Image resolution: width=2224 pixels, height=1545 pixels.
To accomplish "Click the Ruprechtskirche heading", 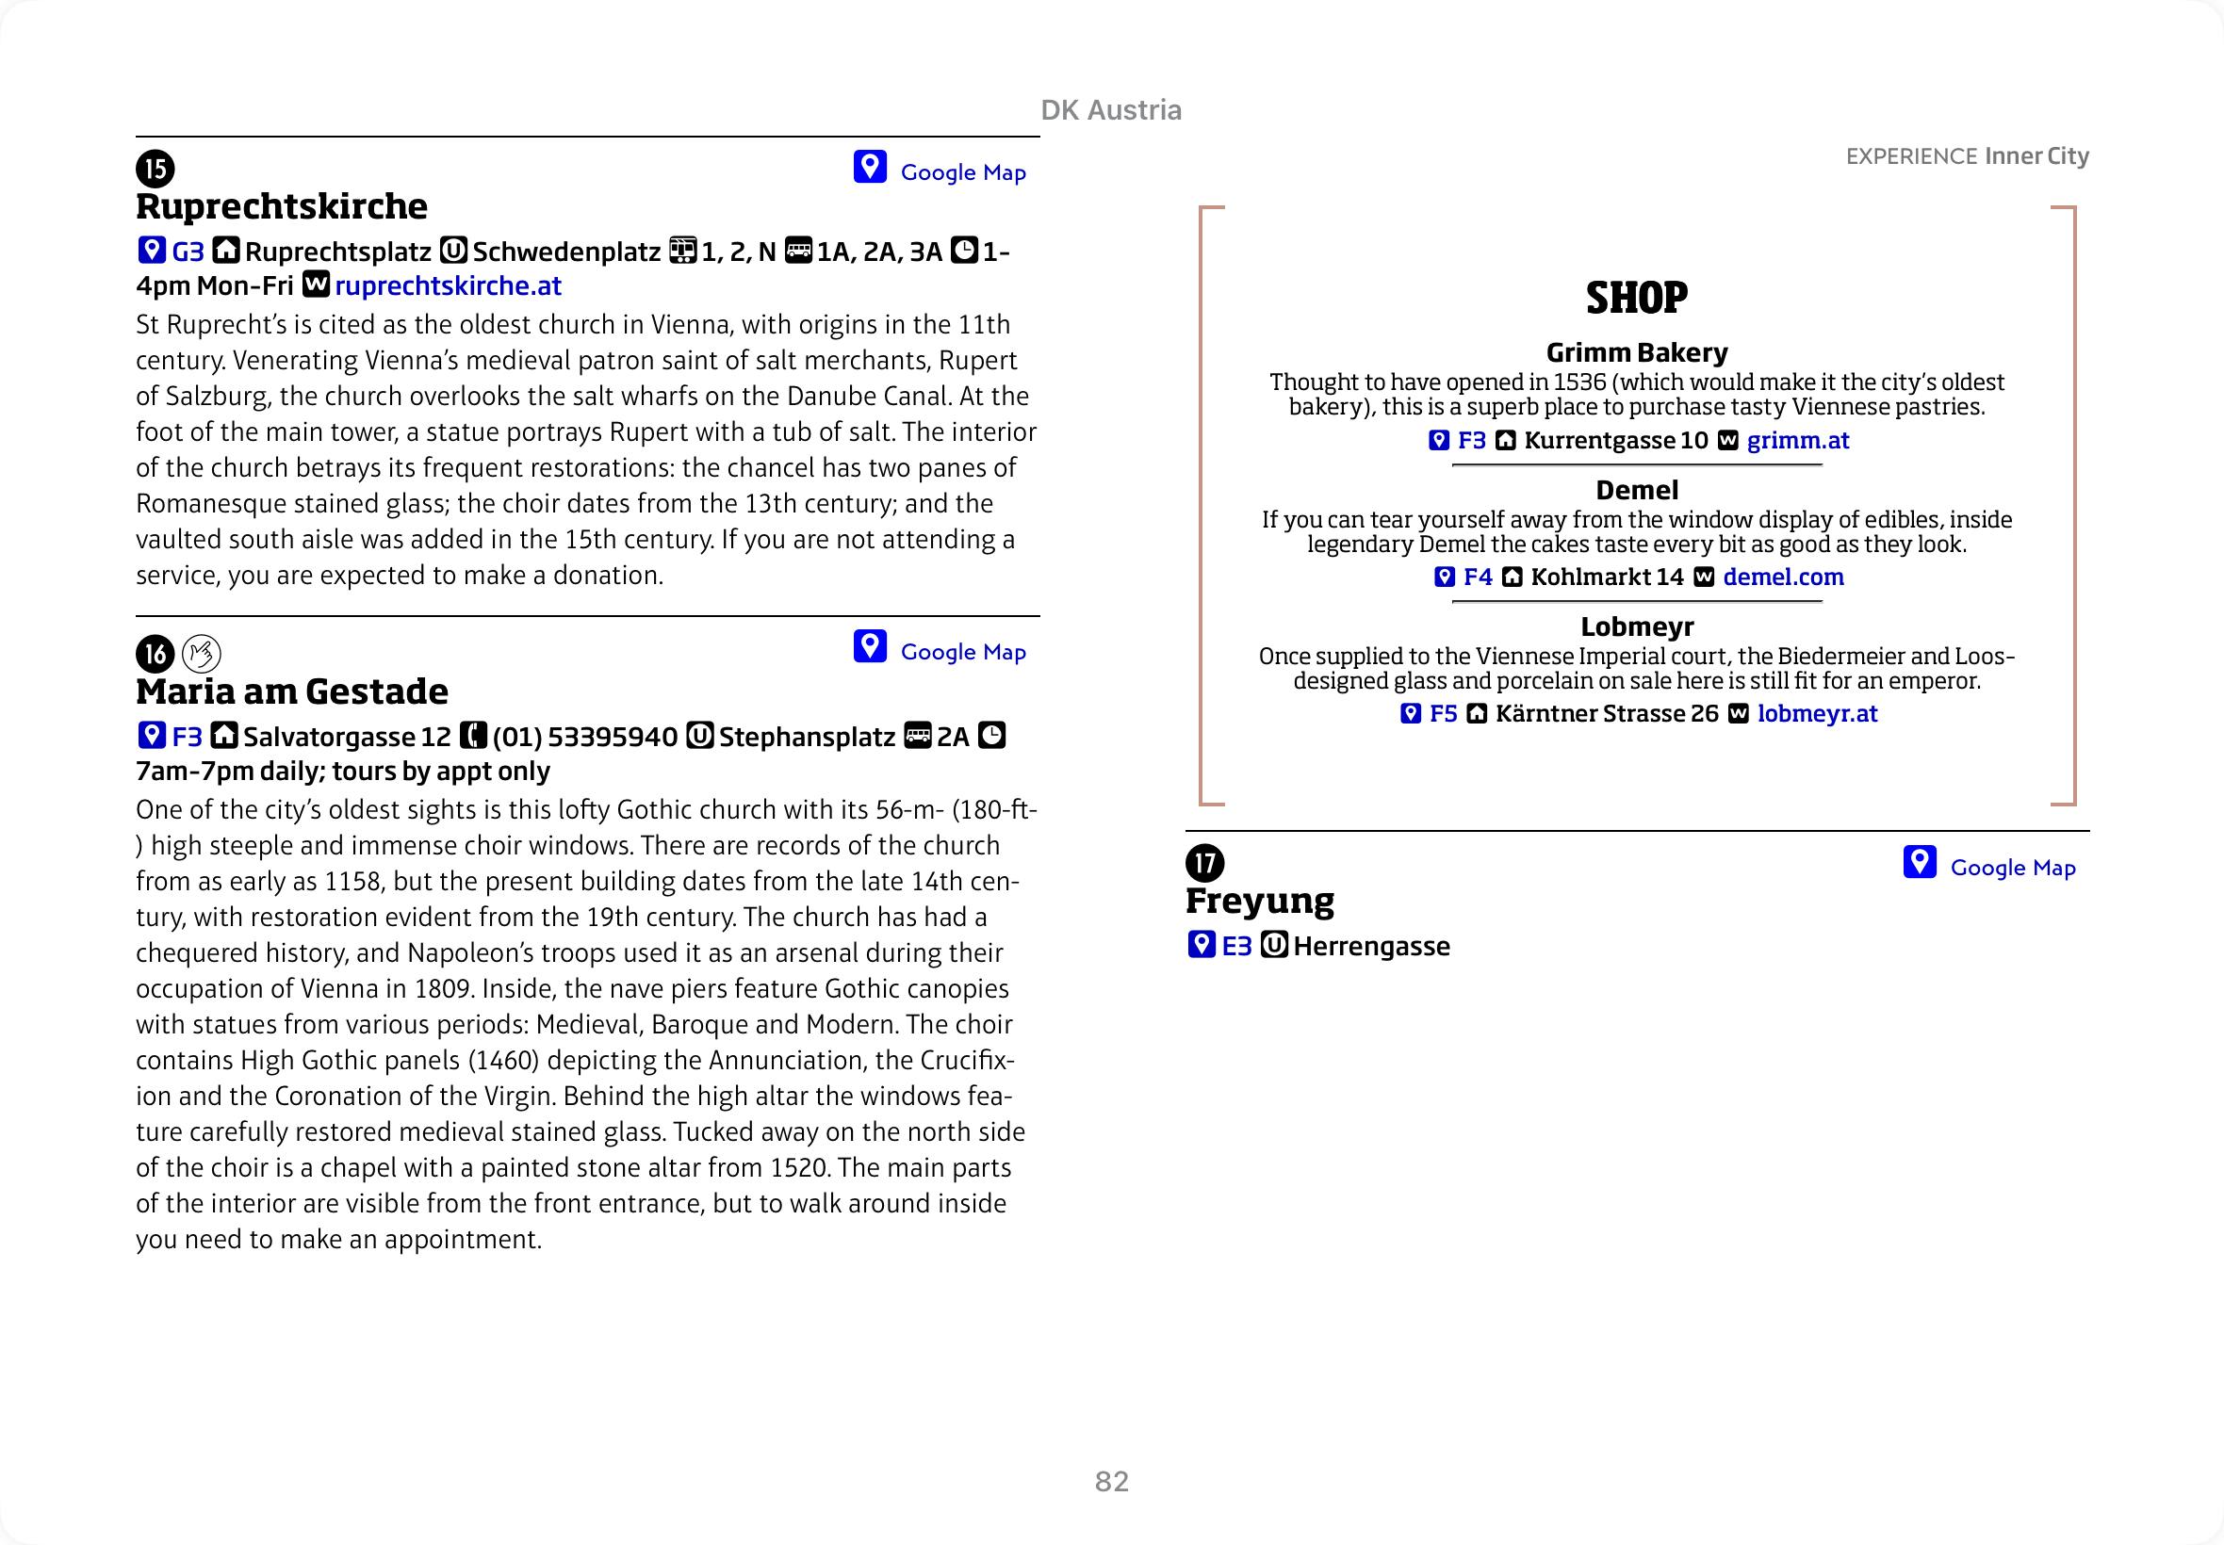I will click(x=281, y=207).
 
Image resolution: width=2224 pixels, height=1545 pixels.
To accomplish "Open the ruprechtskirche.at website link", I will click(x=448, y=286).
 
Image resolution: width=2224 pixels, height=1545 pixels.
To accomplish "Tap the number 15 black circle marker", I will click(x=155, y=169).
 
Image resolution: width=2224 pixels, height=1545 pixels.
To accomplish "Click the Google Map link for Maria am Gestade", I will click(x=961, y=653).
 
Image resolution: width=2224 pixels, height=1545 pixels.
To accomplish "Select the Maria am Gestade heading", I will click(x=291, y=692).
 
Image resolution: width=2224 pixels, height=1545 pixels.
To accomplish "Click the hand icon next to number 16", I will click(x=202, y=655).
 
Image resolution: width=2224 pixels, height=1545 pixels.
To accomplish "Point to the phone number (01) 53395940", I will click(x=584, y=738).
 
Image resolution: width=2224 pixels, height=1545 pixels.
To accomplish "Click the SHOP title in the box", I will click(x=1636, y=298).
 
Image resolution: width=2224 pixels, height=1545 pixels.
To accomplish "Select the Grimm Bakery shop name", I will click(x=1636, y=352).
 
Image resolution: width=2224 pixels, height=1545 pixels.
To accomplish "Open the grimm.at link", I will click(x=1797, y=442).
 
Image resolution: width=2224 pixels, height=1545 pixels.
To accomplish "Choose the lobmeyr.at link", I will click(x=1816, y=714).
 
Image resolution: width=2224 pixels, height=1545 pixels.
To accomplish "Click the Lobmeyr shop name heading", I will click(x=1636, y=626).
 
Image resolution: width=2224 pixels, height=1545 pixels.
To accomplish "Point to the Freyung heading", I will click(x=1259, y=902).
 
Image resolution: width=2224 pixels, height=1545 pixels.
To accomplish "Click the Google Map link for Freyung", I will click(x=2011, y=869).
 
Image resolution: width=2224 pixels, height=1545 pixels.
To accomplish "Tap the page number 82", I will click(x=1111, y=1481).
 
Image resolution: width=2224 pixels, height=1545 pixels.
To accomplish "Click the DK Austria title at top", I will click(x=1110, y=110).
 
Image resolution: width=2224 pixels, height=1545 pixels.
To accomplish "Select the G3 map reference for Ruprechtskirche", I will click(x=188, y=252).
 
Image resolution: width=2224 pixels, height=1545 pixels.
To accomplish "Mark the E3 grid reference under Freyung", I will click(x=1236, y=947).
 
